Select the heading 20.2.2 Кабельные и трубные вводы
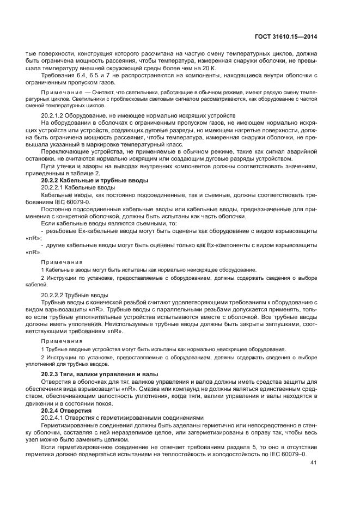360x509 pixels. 95,180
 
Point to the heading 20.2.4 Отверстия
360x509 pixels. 67,410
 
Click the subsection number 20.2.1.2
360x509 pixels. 56,116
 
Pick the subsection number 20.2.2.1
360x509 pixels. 56,187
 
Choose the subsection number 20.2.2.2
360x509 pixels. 56,295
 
